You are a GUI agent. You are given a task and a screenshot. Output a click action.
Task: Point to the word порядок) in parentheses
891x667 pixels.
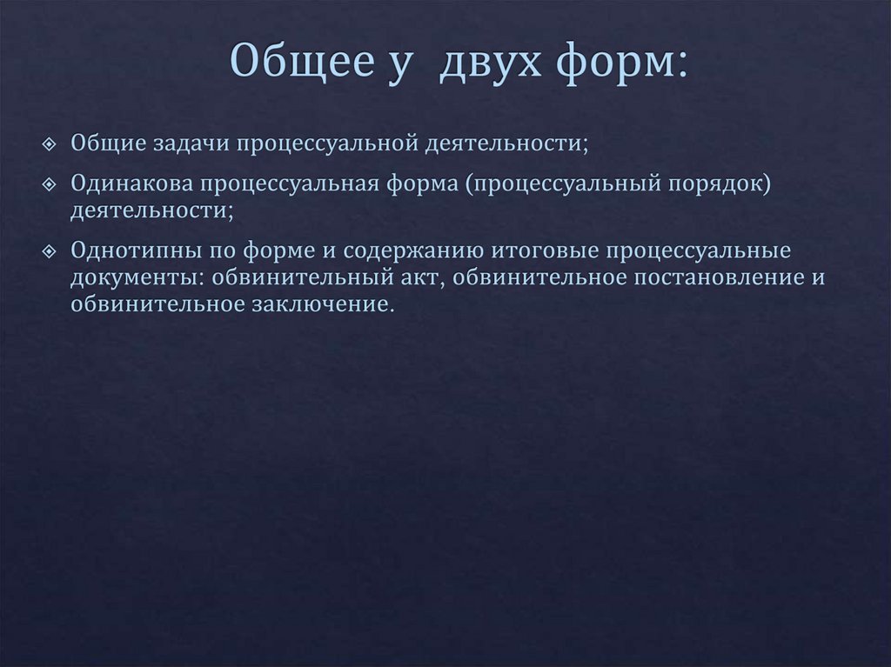724,184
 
